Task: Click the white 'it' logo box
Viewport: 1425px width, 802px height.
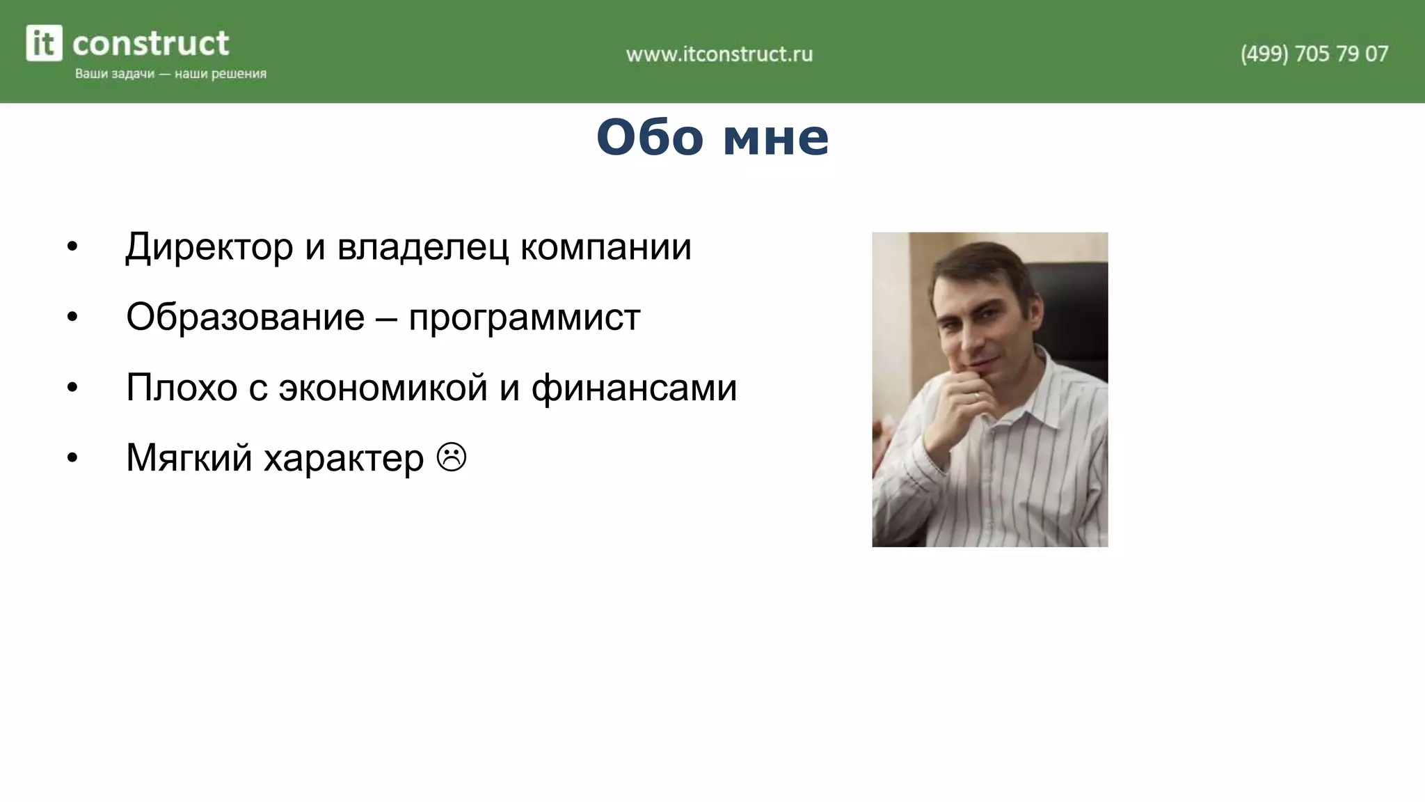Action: pos(44,43)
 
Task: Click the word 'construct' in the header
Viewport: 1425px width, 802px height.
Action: pos(150,43)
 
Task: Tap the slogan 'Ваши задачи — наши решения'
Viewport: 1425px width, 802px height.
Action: pos(170,74)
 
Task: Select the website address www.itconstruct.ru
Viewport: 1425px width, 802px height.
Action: pos(719,54)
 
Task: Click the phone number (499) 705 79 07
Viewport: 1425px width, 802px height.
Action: pos(1314,54)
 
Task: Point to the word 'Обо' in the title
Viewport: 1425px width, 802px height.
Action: pos(650,137)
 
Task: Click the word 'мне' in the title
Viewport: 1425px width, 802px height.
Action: pos(776,137)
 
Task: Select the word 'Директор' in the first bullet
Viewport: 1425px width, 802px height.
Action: pos(209,247)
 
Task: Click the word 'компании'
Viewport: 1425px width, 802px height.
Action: pos(605,247)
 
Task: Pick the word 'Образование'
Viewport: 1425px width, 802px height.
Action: pos(245,317)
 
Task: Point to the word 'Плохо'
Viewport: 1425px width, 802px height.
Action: pos(182,388)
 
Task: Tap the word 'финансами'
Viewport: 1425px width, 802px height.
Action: pos(634,388)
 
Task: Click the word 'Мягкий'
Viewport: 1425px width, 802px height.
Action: pos(189,459)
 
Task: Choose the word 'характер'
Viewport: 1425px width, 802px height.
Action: pos(344,459)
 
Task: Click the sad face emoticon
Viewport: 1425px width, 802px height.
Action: pos(452,457)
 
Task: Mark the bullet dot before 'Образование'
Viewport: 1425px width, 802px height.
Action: pos(72,317)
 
